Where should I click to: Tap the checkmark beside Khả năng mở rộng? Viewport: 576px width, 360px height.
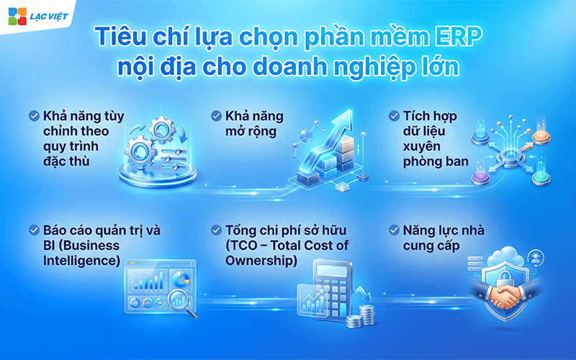[x=215, y=116]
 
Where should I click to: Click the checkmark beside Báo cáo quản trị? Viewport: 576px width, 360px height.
[x=34, y=231]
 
